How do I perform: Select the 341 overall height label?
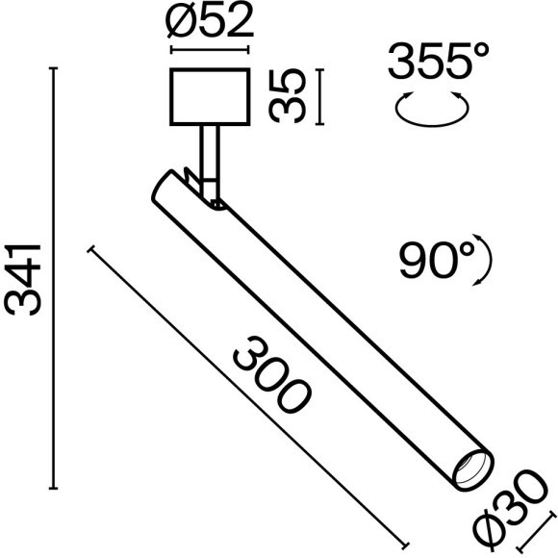(x=23, y=279)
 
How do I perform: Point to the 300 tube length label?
(x=271, y=375)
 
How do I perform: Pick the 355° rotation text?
(x=432, y=63)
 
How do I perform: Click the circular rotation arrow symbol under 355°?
(x=433, y=109)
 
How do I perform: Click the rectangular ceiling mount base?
(x=209, y=97)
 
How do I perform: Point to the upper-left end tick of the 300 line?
(x=93, y=250)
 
